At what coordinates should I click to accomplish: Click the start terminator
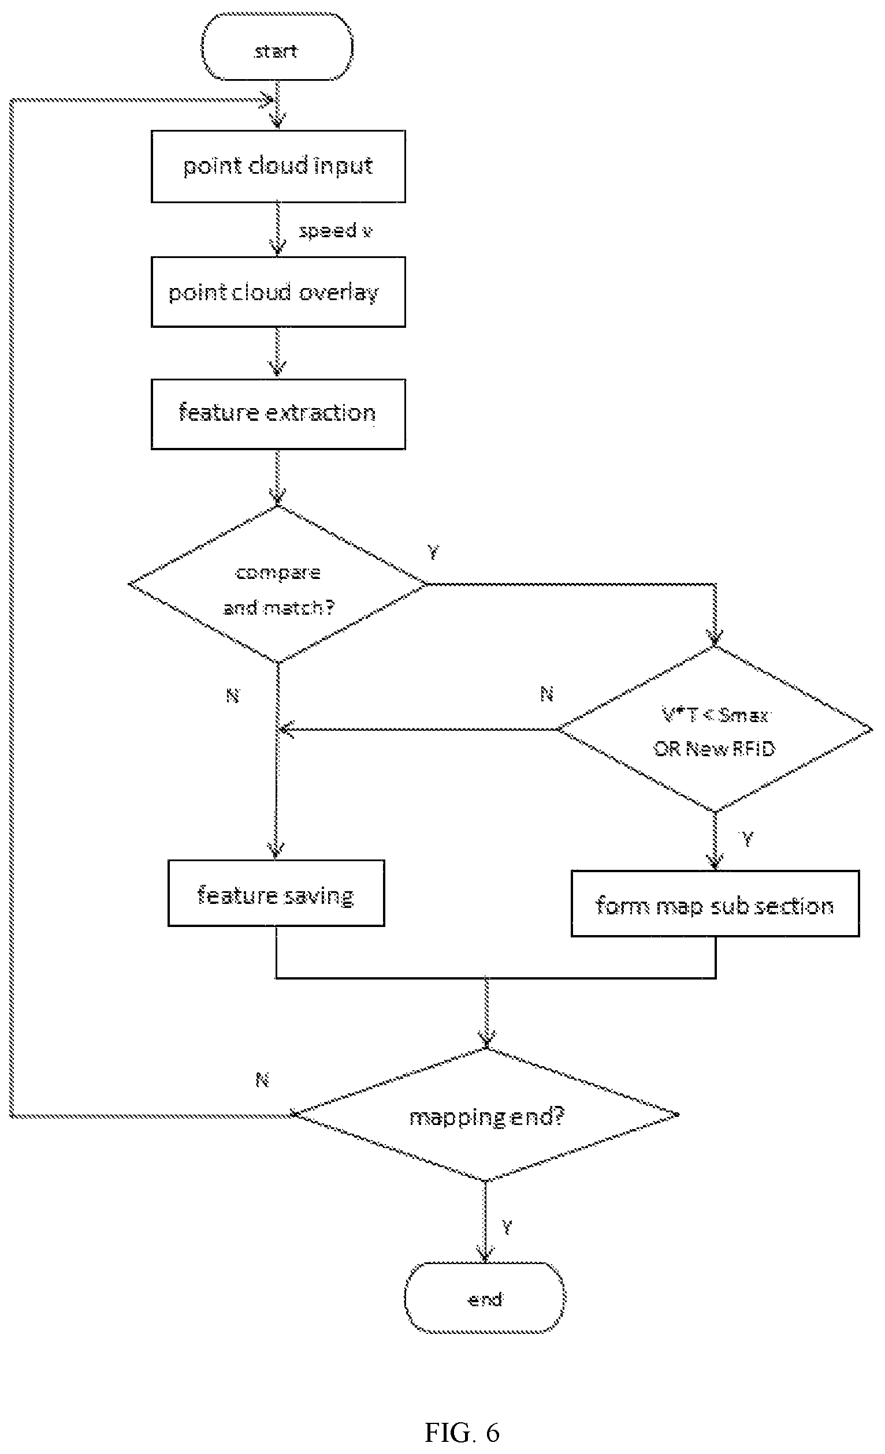(x=277, y=47)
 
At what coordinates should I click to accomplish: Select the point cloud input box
(x=278, y=166)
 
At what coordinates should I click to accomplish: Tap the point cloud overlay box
(x=278, y=292)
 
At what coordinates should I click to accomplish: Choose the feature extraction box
(x=278, y=414)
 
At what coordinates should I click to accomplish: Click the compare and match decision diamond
(x=277, y=584)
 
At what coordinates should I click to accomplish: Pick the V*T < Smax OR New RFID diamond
(x=715, y=730)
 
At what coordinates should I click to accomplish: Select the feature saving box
(x=276, y=893)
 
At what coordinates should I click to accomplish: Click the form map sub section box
(x=715, y=903)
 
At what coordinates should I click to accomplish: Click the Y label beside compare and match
(x=433, y=552)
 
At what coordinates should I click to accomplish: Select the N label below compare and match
(x=233, y=696)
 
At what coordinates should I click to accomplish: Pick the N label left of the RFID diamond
(x=546, y=694)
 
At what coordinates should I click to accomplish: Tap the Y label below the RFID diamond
(x=747, y=838)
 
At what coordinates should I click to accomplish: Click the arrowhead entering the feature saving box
(x=276, y=851)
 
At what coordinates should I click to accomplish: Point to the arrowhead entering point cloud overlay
(x=277, y=248)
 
